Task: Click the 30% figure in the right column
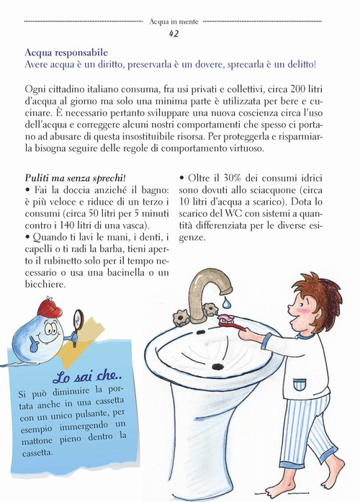click(x=227, y=177)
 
